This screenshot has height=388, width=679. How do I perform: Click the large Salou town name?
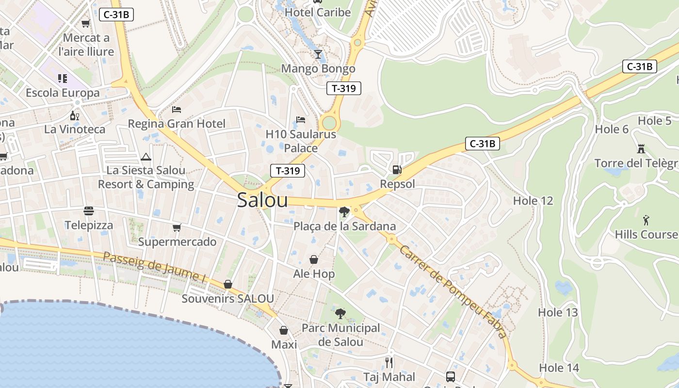[262, 200]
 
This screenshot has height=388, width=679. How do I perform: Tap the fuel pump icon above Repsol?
[397, 170]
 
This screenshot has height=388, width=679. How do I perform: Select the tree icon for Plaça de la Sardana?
[344, 211]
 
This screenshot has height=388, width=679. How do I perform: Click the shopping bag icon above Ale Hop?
[314, 259]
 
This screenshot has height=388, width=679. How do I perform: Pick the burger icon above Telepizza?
[88, 211]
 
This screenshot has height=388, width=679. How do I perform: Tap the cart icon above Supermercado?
[177, 227]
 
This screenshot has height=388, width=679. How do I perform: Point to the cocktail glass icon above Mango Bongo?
[318, 54]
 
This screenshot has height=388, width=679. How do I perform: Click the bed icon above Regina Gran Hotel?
[177, 110]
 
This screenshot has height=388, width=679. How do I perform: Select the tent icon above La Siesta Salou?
[145, 157]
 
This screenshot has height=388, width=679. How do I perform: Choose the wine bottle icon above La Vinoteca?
[74, 115]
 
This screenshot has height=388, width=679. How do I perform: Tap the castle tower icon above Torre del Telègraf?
[641, 148]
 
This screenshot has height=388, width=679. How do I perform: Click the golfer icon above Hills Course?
[646, 220]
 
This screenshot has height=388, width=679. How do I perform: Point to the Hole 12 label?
[533, 200]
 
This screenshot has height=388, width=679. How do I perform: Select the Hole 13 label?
[558, 312]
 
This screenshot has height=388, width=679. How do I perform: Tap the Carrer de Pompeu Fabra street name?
[453, 291]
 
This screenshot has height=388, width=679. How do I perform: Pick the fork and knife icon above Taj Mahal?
[388, 362]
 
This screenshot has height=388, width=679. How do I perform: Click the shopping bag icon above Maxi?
[284, 330]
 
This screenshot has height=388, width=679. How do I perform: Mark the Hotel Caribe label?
[318, 12]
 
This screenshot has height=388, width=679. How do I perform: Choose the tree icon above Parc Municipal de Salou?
[340, 313]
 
